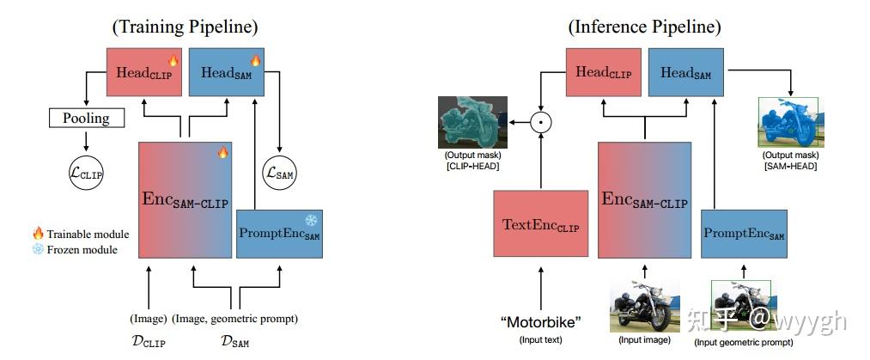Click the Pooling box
tap(86, 118)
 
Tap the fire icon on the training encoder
tap(222, 153)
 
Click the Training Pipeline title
tap(185, 27)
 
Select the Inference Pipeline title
tap(644, 27)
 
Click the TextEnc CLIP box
tap(540, 224)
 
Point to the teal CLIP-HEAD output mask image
tap(472, 122)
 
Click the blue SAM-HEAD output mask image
tap(788, 122)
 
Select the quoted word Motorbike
tap(540, 322)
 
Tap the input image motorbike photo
tap(644, 306)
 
